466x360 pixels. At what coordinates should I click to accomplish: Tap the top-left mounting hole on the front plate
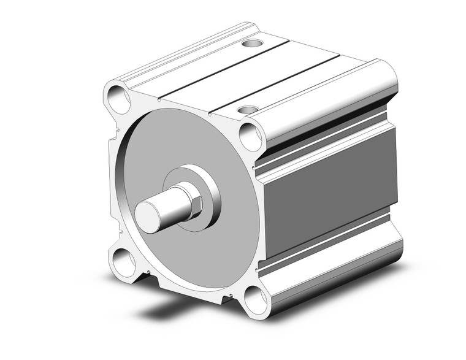116,96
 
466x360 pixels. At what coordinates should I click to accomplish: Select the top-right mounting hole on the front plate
251,136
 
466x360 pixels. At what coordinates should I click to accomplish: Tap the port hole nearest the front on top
247,110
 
